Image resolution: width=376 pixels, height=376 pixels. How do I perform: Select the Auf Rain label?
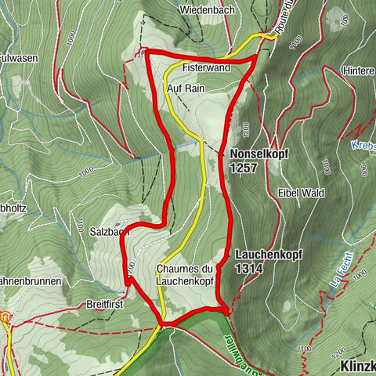[x=186, y=89]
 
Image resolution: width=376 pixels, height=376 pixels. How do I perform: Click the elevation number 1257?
[x=246, y=167]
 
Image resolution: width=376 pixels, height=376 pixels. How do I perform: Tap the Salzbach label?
[x=109, y=232]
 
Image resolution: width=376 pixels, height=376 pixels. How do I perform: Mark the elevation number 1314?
[x=249, y=268]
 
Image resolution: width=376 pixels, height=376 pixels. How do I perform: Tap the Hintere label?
[x=359, y=70]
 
